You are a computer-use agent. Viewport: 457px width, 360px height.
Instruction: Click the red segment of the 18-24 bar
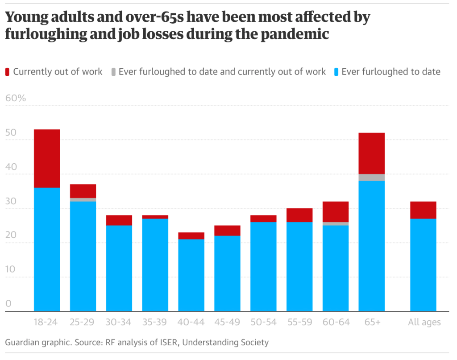point(47,158)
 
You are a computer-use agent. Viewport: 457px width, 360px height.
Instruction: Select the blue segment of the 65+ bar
point(371,245)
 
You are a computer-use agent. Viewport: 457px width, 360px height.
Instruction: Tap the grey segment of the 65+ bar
point(371,177)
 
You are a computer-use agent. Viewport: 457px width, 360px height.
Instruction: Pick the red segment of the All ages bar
point(423,210)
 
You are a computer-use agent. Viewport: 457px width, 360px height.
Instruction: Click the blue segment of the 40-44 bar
point(191,274)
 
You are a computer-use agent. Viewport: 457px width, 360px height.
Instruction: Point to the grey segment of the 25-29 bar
point(83,200)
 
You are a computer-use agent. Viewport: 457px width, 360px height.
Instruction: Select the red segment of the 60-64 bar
point(336,211)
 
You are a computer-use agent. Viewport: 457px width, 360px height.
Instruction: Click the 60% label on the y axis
point(16,98)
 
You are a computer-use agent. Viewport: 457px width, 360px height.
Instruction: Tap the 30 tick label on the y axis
point(11,201)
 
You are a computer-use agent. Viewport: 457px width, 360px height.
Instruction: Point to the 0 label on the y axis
point(8,304)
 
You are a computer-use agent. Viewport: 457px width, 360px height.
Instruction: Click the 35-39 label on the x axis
point(155,322)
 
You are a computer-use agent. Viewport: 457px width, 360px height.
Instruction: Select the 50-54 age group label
point(263,322)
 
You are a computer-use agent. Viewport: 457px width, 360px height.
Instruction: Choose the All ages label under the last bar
point(424,322)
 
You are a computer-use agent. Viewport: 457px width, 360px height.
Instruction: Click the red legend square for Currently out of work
point(8,72)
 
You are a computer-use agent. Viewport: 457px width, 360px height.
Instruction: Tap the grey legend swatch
point(113,72)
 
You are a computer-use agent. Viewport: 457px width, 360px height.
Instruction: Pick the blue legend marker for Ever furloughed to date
point(336,72)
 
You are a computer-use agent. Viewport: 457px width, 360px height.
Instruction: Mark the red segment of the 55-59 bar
point(299,215)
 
